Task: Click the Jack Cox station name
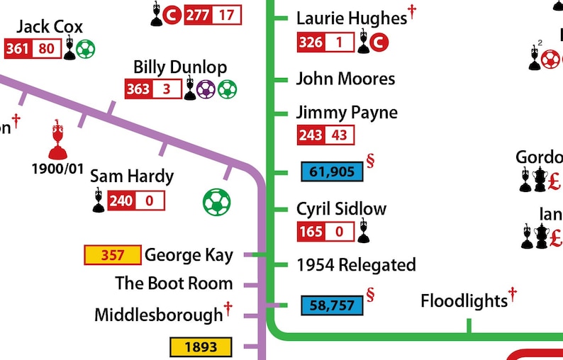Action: (50, 27)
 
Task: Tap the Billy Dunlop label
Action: (180, 67)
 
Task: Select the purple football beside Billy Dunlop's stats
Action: (206, 89)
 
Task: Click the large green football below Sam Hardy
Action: (216, 203)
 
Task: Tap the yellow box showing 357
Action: (112, 255)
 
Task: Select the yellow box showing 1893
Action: (201, 347)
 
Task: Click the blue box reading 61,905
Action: (332, 171)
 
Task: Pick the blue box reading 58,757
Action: (332, 305)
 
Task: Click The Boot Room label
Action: (174, 283)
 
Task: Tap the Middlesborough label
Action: (158, 315)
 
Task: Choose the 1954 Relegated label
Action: (356, 265)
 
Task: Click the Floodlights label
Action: (464, 301)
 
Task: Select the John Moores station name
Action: (345, 79)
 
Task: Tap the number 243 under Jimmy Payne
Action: (311, 135)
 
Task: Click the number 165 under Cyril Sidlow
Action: (311, 231)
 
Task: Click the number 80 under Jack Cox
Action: (47, 49)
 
